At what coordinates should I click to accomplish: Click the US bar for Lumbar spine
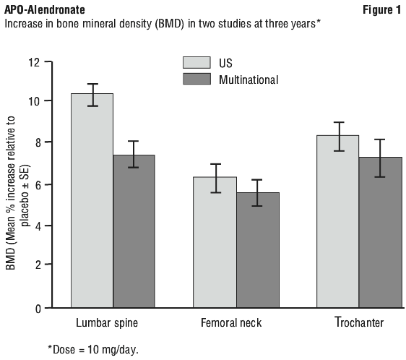point(92,201)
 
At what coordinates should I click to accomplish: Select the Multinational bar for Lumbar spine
point(134,231)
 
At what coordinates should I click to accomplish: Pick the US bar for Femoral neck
point(215,242)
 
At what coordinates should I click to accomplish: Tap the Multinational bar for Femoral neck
point(258,250)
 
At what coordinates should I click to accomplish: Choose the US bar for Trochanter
point(337,222)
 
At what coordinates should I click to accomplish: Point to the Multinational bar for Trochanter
point(381,233)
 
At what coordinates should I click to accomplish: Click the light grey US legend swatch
point(196,62)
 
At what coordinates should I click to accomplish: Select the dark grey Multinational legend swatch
point(196,79)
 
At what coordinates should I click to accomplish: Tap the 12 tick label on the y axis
point(34,62)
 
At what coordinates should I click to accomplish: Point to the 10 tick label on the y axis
point(34,101)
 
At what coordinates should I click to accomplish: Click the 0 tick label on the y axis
point(38,309)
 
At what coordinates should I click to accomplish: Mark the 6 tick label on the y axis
point(38,185)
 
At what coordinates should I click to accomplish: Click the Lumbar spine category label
point(107,323)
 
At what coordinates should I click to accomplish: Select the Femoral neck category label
point(231,323)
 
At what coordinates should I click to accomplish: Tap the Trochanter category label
point(359,322)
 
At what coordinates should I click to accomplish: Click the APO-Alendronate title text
point(45,10)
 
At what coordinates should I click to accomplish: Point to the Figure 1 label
point(381,10)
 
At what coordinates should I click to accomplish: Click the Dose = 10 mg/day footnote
point(93,350)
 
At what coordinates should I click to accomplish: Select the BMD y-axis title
point(17,193)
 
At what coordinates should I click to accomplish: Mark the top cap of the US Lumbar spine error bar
point(92,84)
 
